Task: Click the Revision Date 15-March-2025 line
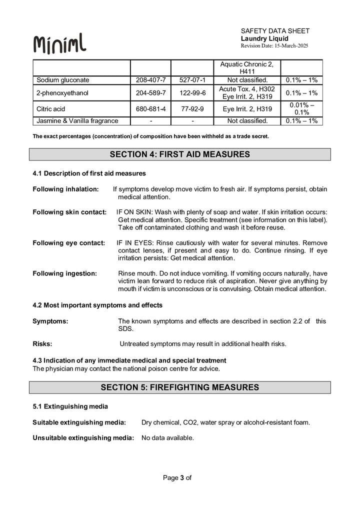pos(274,46)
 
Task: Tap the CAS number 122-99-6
pos(192,92)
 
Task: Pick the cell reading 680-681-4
pos(151,108)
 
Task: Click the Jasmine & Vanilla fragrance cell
pos(77,120)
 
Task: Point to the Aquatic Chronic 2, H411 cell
pos(247,68)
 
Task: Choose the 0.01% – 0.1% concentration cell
pos(301,108)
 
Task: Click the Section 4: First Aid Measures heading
pos(179,154)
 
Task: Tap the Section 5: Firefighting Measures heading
pos(179,387)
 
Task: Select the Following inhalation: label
pos(66,189)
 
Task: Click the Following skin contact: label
pos(69,212)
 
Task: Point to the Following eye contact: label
pos(68,243)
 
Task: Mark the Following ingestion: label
pos(64,273)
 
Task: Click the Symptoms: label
pos(50,321)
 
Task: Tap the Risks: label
pos(42,344)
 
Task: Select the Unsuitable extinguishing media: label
pos(83,438)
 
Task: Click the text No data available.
pos(167,438)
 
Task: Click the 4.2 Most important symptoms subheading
pos(97,305)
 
